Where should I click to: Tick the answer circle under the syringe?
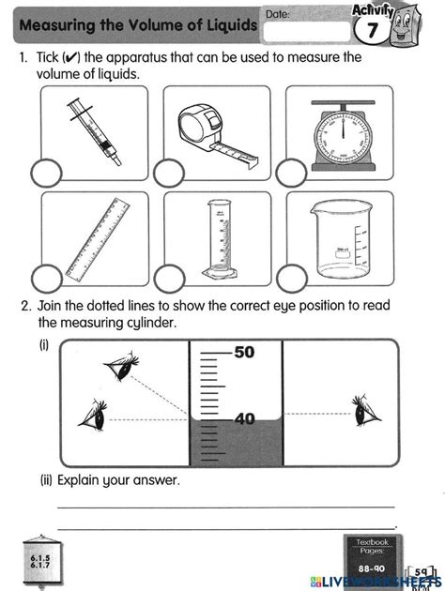coord(46,173)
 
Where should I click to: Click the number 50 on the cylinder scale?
coord(244,353)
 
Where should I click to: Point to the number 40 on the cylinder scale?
coord(244,419)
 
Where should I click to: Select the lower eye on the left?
coord(92,412)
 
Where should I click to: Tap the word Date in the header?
coord(277,14)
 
